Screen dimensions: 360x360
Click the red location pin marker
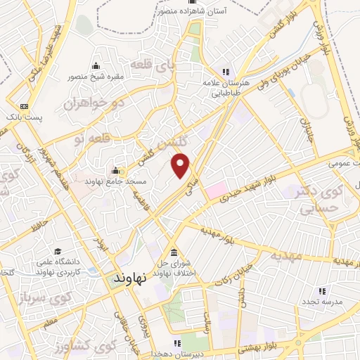[x=181, y=166]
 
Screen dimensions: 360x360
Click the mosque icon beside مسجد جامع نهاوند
[x=116, y=169]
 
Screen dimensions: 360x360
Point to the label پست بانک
[x=23, y=117]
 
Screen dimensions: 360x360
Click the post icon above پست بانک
[x=24, y=107]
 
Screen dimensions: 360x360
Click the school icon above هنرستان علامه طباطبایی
[x=226, y=72]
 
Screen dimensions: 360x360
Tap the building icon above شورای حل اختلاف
[x=174, y=254]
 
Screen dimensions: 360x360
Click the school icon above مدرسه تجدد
[x=323, y=290]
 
